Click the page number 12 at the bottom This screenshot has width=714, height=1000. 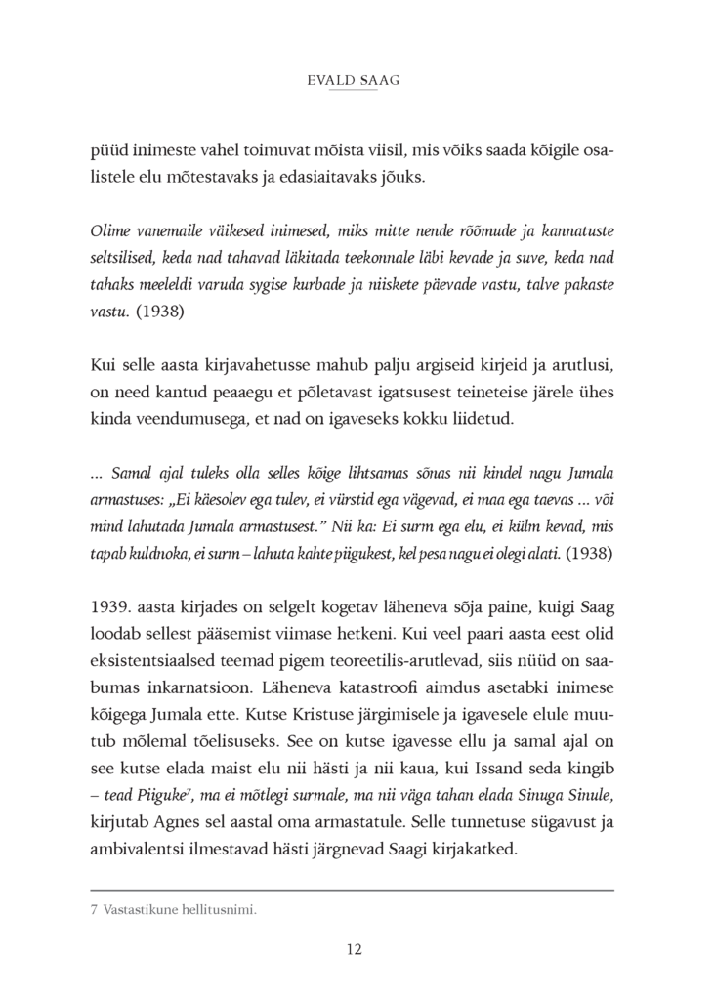tap(356, 947)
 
